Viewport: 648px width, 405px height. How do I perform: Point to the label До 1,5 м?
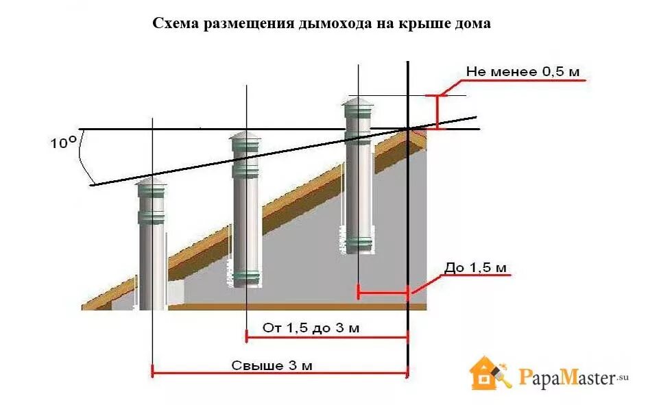(x=475, y=267)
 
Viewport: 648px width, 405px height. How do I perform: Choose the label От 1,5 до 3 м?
(x=311, y=328)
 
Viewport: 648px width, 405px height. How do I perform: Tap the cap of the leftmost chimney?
(x=152, y=182)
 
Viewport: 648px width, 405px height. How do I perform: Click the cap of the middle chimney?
(x=245, y=138)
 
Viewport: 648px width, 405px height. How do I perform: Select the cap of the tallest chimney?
(x=358, y=103)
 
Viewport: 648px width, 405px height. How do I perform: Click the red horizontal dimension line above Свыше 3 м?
(x=279, y=373)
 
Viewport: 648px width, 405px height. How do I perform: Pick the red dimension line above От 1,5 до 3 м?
(x=326, y=336)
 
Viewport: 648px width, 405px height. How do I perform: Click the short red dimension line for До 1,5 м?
(x=383, y=295)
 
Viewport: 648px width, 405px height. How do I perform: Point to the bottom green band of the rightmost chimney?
(x=358, y=243)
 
